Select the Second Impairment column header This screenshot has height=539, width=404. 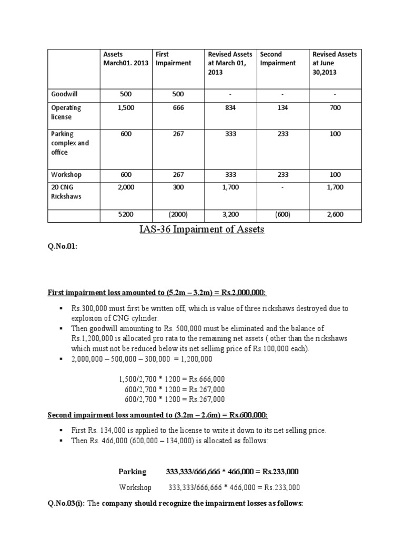[x=278, y=58]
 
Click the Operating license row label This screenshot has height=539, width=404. [x=66, y=112]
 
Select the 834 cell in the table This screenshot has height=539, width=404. [x=229, y=107]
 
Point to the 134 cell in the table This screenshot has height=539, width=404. [x=281, y=107]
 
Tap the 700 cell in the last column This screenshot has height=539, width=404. [x=335, y=107]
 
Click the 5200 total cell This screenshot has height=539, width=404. [x=125, y=214]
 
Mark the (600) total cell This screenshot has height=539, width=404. [x=281, y=214]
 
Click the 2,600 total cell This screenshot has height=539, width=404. [x=335, y=214]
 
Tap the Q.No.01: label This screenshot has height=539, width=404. [x=63, y=245]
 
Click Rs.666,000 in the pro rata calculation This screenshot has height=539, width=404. [x=205, y=380]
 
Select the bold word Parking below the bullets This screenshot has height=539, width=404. [x=132, y=471]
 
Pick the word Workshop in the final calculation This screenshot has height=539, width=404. [x=135, y=487]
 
